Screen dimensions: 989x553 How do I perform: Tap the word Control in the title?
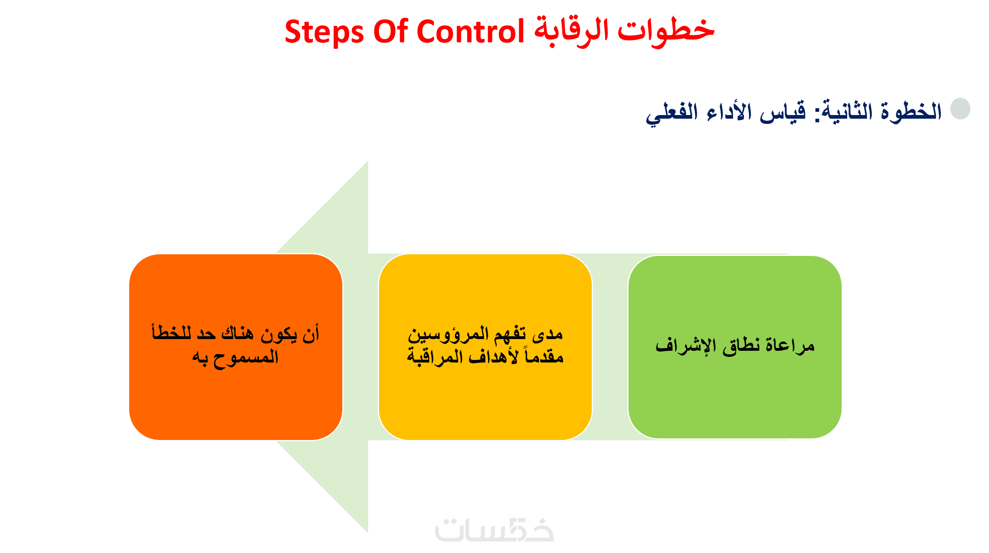[470, 31]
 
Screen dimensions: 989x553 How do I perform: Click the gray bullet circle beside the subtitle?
[960, 109]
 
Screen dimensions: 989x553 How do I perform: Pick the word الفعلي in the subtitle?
[672, 113]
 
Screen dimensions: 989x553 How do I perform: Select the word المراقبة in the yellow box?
[434, 357]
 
